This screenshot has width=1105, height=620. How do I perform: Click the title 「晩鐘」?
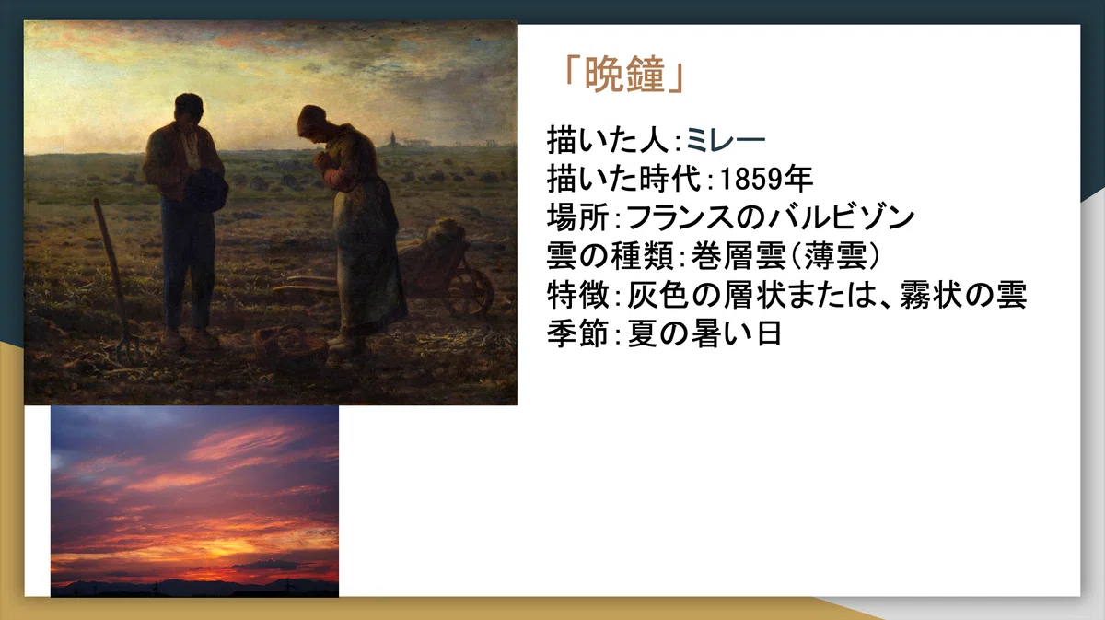(623, 75)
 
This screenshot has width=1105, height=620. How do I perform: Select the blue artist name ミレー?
(726, 140)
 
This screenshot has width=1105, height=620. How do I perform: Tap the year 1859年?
(766, 179)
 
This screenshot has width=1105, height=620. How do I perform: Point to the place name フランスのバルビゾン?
(771, 217)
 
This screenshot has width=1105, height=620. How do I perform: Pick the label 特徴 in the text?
(577, 295)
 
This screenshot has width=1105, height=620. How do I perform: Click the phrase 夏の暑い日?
(704, 333)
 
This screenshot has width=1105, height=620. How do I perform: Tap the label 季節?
(577, 333)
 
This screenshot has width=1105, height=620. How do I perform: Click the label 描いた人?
(608, 140)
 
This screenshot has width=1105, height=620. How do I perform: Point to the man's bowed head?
(189, 111)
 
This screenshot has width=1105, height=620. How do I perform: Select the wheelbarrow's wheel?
(469, 293)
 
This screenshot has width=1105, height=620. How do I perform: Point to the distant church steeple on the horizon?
(392, 138)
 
